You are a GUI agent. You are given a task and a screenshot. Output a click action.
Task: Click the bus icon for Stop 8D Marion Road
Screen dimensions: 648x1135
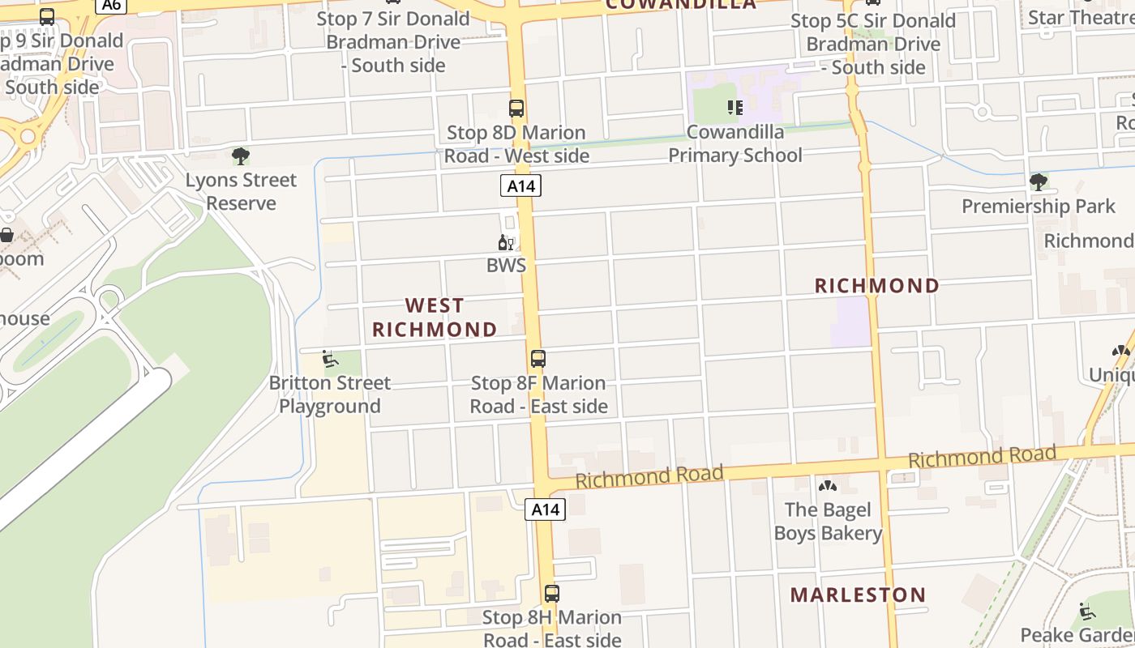(516, 109)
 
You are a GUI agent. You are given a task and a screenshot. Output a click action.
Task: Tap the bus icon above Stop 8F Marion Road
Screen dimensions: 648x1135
(538, 359)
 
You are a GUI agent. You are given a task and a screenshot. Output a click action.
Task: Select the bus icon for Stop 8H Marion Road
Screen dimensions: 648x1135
(552, 593)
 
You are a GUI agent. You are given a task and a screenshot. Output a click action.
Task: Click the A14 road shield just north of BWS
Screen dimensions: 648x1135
(520, 186)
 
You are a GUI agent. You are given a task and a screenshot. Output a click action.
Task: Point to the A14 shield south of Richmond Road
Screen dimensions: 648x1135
(545, 509)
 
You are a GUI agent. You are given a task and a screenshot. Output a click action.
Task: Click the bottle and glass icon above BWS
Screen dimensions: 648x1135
(506, 242)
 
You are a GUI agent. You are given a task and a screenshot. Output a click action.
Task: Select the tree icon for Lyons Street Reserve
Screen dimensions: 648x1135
(241, 156)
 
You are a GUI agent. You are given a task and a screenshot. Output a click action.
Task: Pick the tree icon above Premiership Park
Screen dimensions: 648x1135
(1038, 182)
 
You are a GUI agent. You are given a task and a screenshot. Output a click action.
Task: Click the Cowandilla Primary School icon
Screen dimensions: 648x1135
(735, 108)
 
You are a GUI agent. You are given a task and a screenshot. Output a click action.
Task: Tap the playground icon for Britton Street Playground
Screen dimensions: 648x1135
(330, 359)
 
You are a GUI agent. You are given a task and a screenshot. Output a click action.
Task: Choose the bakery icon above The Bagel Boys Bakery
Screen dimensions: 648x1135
(828, 486)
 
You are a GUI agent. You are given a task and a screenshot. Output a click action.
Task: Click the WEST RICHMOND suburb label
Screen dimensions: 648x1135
(435, 318)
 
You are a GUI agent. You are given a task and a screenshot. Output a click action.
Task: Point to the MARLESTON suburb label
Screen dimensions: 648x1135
(858, 595)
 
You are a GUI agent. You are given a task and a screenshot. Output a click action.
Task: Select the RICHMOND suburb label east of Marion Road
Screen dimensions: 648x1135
(876, 286)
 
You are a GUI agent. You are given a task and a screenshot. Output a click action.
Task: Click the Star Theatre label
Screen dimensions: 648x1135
(1081, 17)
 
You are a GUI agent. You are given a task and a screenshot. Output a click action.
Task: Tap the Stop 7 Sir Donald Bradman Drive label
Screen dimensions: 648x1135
(393, 42)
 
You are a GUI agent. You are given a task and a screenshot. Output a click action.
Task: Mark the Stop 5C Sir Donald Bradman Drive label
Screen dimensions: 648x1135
(873, 44)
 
